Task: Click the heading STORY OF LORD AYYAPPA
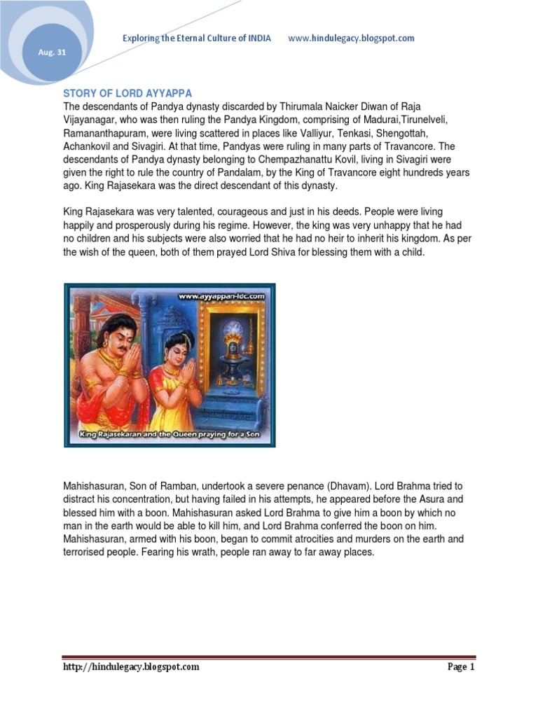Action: tap(127, 94)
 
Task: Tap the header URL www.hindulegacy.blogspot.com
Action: tap(351, 38)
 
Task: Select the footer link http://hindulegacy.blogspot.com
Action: tap(131, 667)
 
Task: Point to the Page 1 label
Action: tap(461, 667)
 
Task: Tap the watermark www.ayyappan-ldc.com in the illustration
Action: tap(221, 295)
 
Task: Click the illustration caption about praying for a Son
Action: tap(170, 436)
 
